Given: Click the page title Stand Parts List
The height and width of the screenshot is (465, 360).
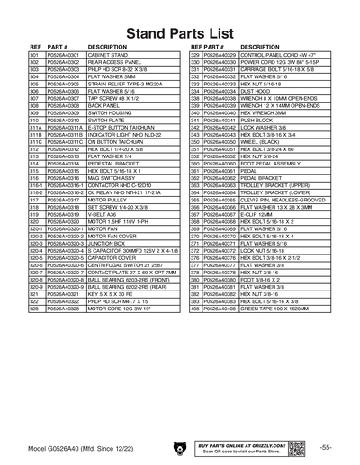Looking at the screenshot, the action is pos(179,32).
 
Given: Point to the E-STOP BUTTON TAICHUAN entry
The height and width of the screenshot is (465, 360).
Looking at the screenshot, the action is pos(121,127).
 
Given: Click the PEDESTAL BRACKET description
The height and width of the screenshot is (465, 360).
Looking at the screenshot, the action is pos(112,162).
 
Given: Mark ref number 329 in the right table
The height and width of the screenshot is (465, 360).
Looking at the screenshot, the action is pos(194,56).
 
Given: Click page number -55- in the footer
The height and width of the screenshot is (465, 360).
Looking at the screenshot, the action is pos(327,447).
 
